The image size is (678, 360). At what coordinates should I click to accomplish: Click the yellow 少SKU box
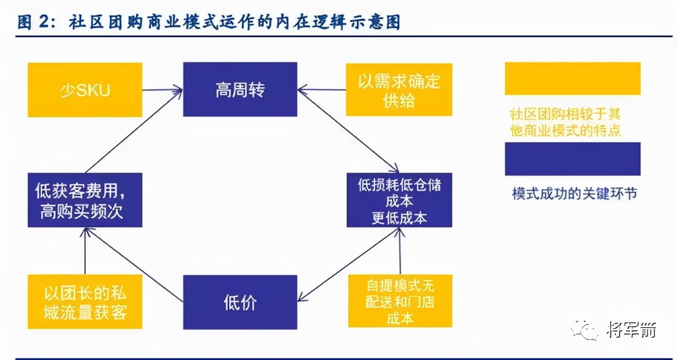click(85, 89)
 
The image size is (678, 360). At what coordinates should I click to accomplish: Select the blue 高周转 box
click(240, 89)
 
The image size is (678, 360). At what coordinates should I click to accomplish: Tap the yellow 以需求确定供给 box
click(399, 89)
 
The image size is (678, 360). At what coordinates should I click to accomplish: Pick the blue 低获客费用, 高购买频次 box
click(85, 200)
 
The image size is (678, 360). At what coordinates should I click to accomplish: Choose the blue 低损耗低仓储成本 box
click(399, 200)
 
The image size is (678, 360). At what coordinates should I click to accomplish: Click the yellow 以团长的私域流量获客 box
click(85, 301)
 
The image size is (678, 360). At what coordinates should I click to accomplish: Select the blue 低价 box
click(240, 302)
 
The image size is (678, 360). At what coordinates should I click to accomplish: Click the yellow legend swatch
click(572, 78)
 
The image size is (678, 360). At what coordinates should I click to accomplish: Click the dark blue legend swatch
click(572, 158)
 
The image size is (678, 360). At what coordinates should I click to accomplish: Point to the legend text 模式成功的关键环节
click(574, 193)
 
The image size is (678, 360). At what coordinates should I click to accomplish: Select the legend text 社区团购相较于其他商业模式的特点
click(565, 122)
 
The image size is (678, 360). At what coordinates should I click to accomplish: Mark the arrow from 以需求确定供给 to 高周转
click(322, 90)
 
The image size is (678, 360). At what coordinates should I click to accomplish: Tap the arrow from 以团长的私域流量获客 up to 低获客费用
click(85, 251)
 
